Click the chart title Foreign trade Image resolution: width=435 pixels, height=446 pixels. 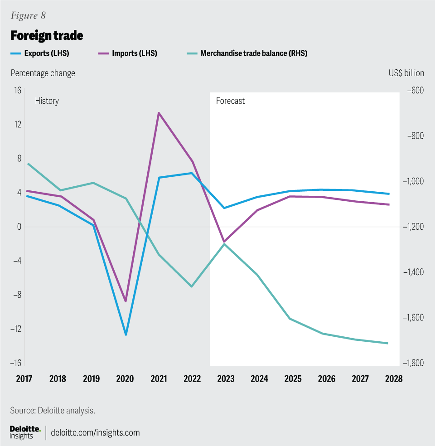click(47, 35)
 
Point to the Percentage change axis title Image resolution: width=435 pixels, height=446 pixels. click(43, 73)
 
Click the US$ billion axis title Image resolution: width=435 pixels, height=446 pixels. click(406, 73)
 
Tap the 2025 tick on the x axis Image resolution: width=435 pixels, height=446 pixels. click(293, 379)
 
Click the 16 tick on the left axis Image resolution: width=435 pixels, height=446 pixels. click(17, 91)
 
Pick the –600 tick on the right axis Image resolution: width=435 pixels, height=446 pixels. click(414, 91)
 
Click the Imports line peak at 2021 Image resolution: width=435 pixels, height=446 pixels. click(159, 113)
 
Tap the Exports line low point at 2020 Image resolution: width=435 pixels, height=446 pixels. click(126, 334)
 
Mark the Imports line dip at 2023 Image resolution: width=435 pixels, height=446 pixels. click(224, 242)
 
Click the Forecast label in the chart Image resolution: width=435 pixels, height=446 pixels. click(230, 101)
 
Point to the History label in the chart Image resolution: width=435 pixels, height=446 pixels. click(47, 101)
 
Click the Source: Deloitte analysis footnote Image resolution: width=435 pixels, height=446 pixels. click(53, 411)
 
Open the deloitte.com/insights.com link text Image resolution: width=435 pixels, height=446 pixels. click(96, 432)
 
